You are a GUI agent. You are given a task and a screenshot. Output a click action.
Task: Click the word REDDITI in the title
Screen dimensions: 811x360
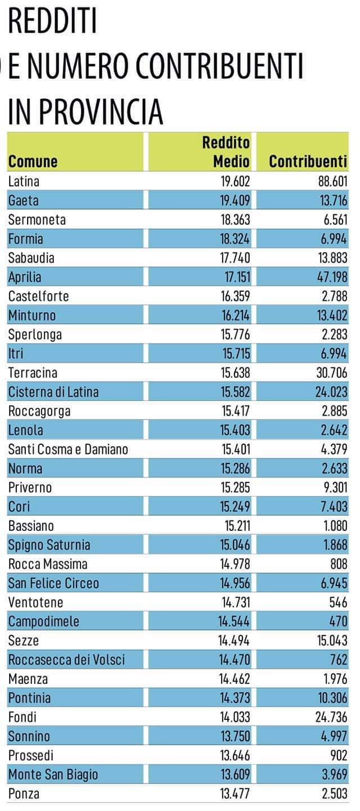pyautogui.click(x=52, y=22)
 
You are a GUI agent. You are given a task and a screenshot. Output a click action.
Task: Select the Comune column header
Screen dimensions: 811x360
pyautogui.click(x=33, y=161)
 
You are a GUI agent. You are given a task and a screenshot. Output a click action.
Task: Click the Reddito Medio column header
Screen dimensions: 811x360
pyautogui.click(x=226, y=152)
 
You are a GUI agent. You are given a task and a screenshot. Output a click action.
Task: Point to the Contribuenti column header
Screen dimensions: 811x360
pyautogui.click(x=308, y=161)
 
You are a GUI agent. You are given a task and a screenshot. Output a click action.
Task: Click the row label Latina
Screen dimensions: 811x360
pyautogui.click(x=24, y=181)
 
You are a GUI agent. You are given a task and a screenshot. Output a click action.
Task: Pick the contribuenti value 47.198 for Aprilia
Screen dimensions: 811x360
pyautogui.click(x=329, y=277)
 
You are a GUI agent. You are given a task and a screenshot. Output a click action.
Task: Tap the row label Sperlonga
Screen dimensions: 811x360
pyautogui.click(x=35, y=335)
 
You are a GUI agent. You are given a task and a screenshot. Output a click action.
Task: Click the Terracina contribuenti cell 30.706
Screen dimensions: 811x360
pyautogui.click(x=329, y=372)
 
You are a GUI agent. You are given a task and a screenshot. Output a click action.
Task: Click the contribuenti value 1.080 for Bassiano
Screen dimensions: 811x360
pyautogui.click(x=333, y=526)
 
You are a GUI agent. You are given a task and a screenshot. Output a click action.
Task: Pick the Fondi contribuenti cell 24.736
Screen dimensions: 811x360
pyautogui.click(x=329, y=717)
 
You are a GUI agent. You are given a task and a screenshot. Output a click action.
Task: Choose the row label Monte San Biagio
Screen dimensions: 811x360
pyautogui.click(x=53, y=775)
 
